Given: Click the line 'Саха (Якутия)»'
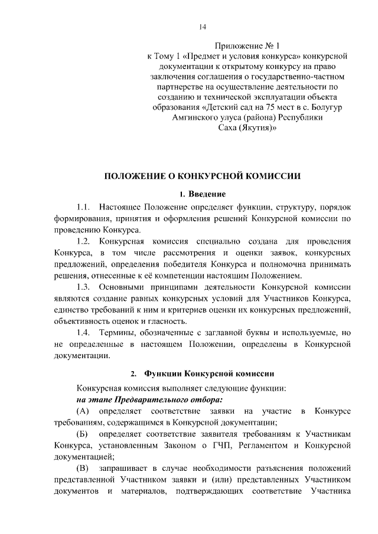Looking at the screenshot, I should point(245,130).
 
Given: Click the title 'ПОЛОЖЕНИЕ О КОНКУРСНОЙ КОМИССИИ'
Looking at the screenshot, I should point(203,176).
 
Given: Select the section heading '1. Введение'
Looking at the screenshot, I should point(203,194).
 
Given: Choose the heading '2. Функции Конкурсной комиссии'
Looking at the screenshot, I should point(203,374).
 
